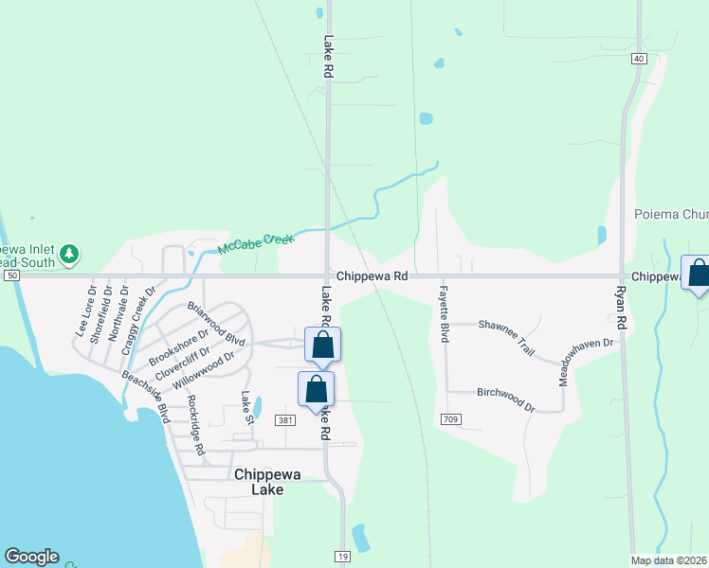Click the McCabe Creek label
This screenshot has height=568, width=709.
coord(252,244)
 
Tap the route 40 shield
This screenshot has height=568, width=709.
coord(640,59)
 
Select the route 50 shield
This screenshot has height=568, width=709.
coord(10,275)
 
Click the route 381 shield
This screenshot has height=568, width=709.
coord(284,419)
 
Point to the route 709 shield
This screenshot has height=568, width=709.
coord(451,418)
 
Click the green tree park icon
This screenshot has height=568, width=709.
coord(69,254)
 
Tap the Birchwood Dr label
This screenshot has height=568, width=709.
coord(505,398)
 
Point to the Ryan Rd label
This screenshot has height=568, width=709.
coord(622,307)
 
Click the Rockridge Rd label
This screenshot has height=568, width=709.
coord(196,425)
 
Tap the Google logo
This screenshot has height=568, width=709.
coord(31,557)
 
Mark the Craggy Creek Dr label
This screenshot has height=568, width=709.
coord(137,323)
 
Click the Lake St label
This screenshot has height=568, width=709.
coord(247,408)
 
